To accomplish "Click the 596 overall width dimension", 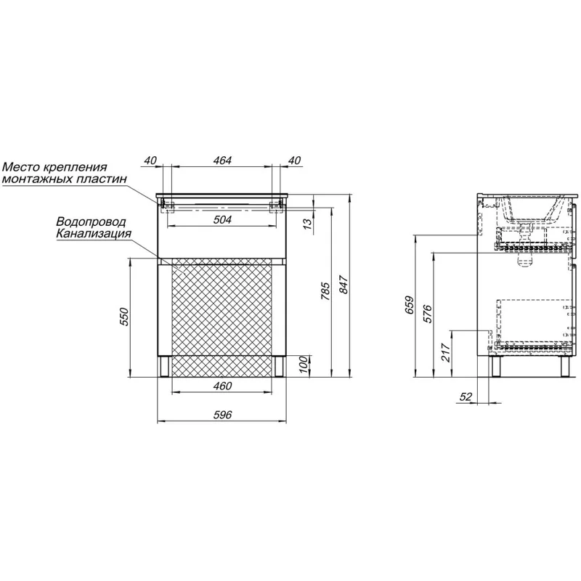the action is click(222, 415).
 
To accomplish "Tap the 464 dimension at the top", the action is click(222, 161).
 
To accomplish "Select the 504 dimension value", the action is click(222, 220).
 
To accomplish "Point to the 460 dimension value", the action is click(222, 386).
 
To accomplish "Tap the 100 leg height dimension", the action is click(303, 365).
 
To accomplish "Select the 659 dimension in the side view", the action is click(410, 305).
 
